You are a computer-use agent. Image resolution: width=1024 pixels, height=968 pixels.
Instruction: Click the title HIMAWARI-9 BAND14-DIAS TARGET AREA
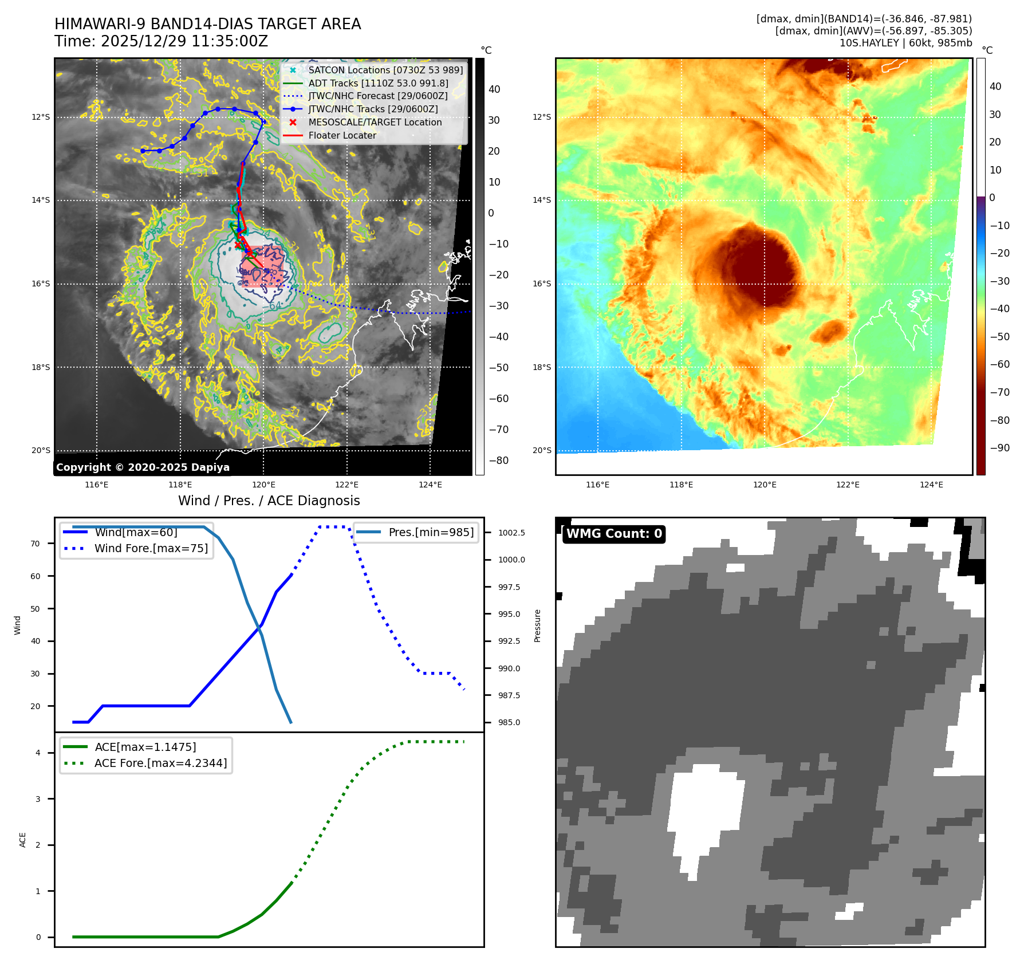207,24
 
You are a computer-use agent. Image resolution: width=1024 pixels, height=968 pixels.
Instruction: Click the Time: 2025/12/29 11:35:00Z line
161,41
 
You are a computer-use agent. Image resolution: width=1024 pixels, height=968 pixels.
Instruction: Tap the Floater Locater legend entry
342,135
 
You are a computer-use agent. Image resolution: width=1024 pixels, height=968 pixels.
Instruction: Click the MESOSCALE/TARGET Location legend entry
375,122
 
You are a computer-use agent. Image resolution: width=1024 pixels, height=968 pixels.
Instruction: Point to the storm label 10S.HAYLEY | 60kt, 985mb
905,43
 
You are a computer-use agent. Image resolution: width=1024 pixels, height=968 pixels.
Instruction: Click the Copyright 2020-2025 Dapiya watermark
143,467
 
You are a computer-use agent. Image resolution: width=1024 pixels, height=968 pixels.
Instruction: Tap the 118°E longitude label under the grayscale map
180,485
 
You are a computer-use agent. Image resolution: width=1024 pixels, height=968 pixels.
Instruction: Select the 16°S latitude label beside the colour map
542,284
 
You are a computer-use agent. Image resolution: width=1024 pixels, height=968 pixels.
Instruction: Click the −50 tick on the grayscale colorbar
498,368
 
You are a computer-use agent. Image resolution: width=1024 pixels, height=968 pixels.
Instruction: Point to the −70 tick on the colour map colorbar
1000,392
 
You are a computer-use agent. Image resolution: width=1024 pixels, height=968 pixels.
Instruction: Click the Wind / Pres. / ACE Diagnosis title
269,501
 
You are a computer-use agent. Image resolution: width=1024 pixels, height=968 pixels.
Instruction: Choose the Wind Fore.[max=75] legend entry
151,548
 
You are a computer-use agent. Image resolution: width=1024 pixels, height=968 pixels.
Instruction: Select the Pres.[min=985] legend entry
431,532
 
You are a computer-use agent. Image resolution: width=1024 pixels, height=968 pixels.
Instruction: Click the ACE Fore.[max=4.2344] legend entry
160,763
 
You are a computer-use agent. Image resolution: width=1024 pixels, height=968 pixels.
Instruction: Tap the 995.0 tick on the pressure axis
509,614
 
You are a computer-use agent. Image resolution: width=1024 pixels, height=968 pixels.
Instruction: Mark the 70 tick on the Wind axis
36,544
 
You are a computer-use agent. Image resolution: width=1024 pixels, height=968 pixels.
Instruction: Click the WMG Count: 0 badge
614,534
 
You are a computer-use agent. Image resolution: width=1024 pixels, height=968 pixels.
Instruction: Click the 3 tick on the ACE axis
38,799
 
